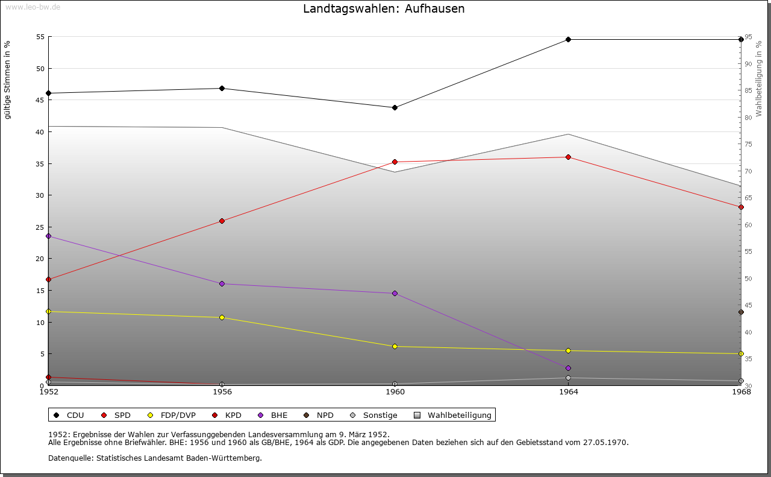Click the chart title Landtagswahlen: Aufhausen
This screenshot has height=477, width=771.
(x=384, y=9)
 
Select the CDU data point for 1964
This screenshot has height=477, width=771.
(x=568, y=40)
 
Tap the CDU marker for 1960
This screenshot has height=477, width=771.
(x=395, y=107)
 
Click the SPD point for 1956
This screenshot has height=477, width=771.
(x=222, y=221)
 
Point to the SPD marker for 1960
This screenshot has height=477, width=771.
(x=395, y=162)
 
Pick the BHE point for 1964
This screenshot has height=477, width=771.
(x=568, y=368)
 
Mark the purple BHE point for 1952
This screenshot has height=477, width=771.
(x=48, y=236)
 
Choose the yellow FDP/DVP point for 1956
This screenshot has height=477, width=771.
(x=222, y=317)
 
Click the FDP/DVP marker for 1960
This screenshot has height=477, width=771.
(x=395, y=346)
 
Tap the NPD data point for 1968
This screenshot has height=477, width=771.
(x=741, y=312)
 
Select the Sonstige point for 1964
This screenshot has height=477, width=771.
(x=568, y=378)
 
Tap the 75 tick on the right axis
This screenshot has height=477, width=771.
(x=748, y=144)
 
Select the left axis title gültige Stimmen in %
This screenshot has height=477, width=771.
(x=8, y=80)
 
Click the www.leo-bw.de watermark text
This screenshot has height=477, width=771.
(x=32, y=6)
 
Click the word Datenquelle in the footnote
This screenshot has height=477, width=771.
(x=68, y=458)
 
